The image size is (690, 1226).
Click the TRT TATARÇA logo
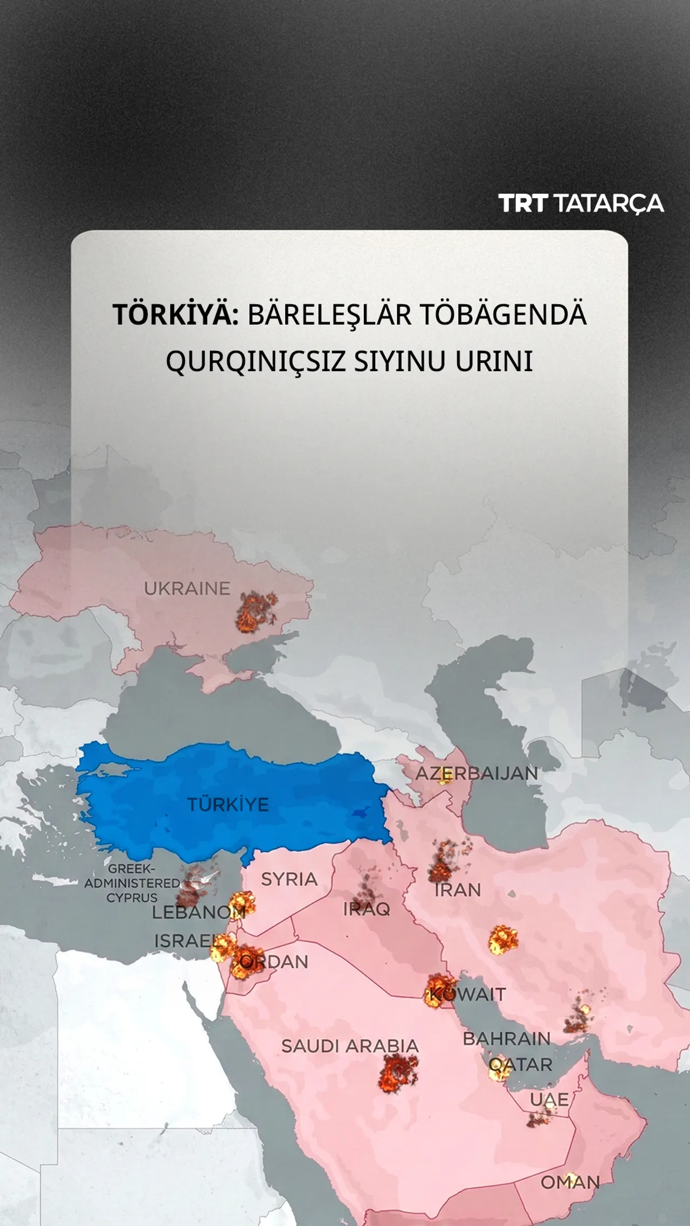[x=581, y=203]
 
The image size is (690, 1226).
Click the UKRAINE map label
[x=187, y=588]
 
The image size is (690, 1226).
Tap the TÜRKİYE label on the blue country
[x=228, y=805]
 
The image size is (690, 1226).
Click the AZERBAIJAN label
[x=477, y=774]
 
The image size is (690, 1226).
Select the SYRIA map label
[x=289, y=879]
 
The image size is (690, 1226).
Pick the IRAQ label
[x=367, y=909]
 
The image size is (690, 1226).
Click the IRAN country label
[x=458, y=890]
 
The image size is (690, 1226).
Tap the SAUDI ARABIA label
[x=350, y=1046]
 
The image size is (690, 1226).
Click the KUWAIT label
[x=468, y=994]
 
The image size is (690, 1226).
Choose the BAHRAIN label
[x=507, y=1039]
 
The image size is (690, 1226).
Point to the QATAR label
[x=521, y=1064]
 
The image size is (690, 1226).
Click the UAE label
[x=549, y=1099]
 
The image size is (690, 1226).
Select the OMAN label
[x=570, y=1182]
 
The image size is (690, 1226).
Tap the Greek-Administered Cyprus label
[x=132, y=883]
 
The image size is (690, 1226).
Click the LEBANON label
[x=198, y=912]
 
